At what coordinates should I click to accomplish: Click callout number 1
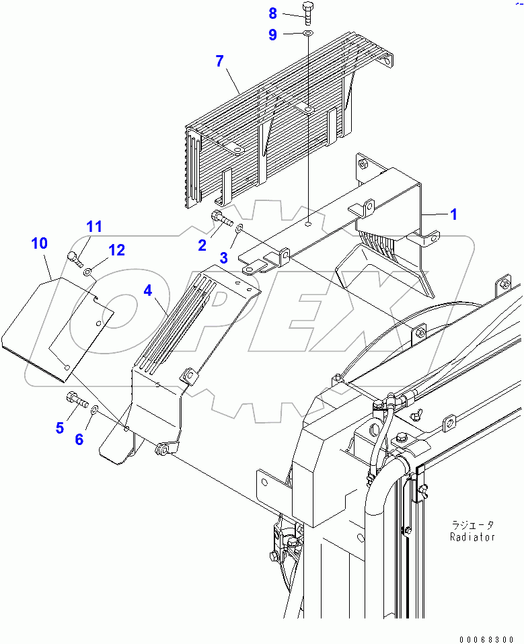point(453,214)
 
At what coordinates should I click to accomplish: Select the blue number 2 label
point(202,246)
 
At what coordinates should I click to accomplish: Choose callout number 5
point(60,427)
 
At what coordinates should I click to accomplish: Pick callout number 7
point(219,62)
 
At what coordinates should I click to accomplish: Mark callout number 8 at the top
point(272,13)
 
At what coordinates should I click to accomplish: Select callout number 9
point(272,34)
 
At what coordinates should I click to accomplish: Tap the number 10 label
point(40,243)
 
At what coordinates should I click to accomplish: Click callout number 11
point(93,227)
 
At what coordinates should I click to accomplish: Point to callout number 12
point(116,250)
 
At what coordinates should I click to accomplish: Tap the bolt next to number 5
point(77,401)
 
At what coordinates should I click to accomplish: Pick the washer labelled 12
point(87,272)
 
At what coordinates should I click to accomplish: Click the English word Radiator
point(473,537)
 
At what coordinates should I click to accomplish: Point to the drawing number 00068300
point(488,638)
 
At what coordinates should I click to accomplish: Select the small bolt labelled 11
point(75,257)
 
